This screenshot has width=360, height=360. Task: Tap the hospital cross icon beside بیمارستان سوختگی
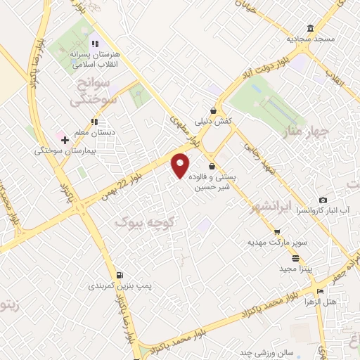coord(65,140)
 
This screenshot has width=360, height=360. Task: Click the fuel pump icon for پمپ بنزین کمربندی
coord(120,275)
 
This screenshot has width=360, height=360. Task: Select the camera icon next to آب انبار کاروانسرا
coord(323,200)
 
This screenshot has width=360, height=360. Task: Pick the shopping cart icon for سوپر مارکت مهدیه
coord(277,232)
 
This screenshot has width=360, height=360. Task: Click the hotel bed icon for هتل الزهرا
coord(321,292)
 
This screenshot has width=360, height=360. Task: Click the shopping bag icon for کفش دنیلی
coord(212,110)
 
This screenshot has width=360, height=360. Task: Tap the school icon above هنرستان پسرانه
coord(94,44)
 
